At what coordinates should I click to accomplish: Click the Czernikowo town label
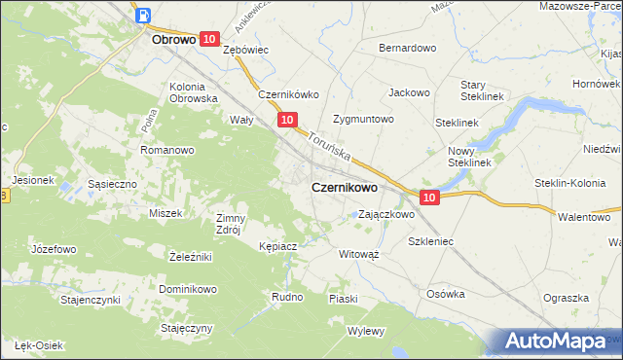344,188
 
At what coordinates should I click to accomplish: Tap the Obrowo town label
175,42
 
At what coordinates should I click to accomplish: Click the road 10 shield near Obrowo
209,38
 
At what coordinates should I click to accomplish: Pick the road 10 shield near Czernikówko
286,120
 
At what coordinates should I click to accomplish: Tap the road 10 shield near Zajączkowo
431,197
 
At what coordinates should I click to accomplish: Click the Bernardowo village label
407,48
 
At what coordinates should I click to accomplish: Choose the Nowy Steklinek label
468,157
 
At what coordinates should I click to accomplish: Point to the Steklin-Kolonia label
574,182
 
